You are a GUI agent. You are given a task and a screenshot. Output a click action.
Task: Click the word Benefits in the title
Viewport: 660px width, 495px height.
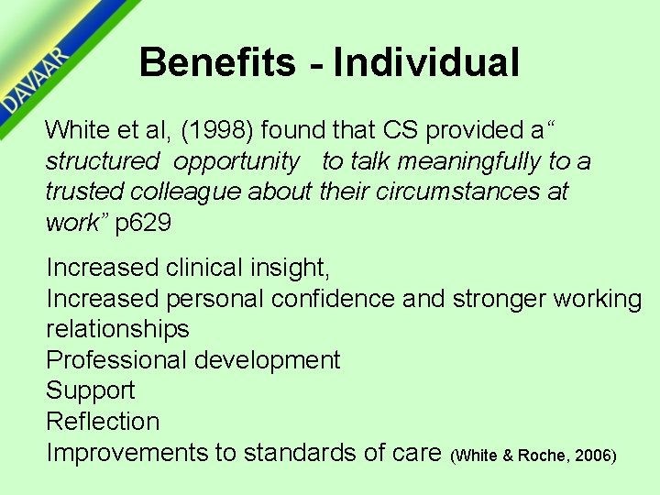(x=218, y=63)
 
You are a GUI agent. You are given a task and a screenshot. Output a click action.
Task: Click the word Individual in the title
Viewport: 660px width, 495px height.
(x=426, y=63)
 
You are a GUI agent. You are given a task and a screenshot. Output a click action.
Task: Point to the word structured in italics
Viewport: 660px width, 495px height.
(x=102, y=161)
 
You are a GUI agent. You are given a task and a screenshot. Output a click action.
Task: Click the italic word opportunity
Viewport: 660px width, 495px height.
(x=236, y=161)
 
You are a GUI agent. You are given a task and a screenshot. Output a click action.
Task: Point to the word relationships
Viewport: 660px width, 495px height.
(x=117, y=329)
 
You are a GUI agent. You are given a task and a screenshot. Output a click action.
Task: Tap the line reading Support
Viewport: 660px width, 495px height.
(x=90, y=390)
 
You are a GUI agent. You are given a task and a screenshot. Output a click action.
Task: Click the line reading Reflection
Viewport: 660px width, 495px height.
(x=103, y=421)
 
